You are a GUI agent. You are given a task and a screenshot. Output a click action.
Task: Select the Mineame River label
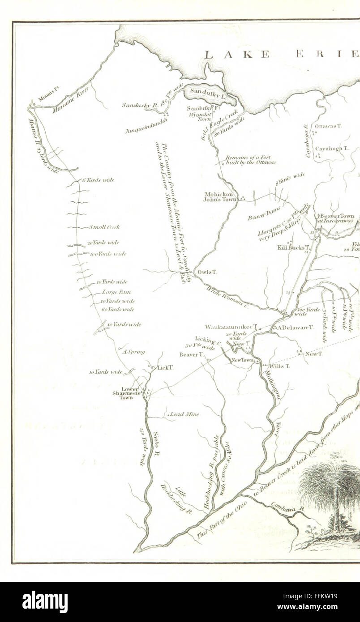coord(71,99)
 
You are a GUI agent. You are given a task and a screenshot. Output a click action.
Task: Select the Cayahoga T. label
coord(332,148)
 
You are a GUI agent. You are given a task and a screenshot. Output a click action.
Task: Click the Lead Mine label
coord(184,414)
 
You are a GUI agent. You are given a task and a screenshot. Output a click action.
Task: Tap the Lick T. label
coord(165,367)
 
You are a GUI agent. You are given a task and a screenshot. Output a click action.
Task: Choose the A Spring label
coord(133,352)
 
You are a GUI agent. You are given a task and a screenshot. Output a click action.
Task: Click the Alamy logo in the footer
coord(45,602)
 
